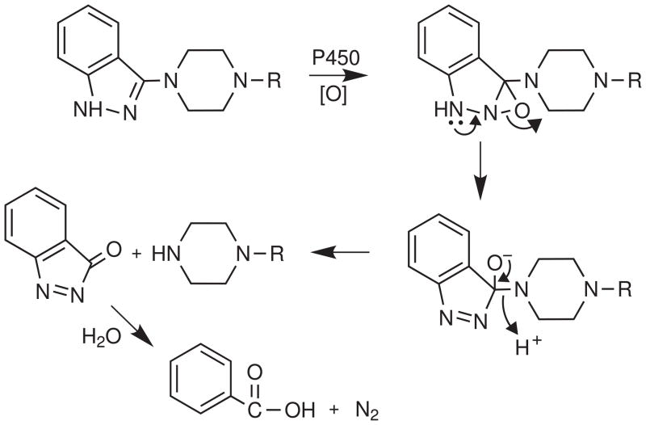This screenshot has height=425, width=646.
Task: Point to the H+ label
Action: pyautogui.click(x=531, y=348)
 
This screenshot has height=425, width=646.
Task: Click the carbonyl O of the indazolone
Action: pyautogui.click(x=113, y=252)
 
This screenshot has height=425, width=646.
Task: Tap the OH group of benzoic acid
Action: pyautogui.click(x=287, y=407)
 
